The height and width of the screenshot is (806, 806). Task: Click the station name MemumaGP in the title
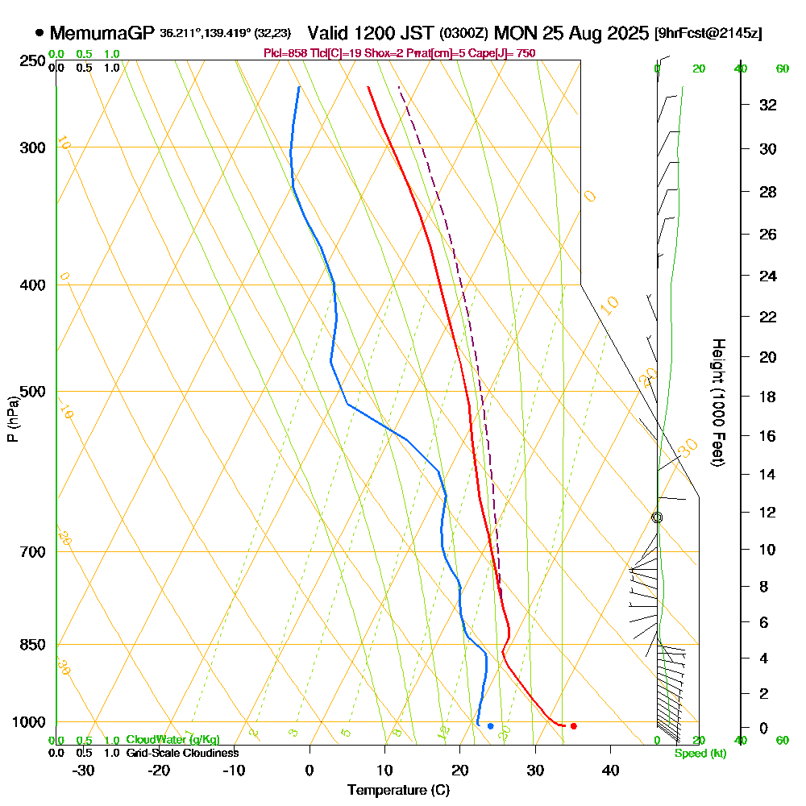click(x=102, y=33)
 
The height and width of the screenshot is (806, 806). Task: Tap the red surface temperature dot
click(x=573, y=726)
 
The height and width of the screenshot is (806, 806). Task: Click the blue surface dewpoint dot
click(x=490, y=726)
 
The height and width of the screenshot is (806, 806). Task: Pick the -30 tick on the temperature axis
click(x=84, y=770)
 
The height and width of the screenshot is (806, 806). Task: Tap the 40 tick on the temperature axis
click(x=610, y=770)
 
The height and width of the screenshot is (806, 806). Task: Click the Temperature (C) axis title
click(x=398, y=791)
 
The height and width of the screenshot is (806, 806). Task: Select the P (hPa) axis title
click(x=12, y=418)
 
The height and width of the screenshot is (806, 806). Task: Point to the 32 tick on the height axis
click(x=767, y=105)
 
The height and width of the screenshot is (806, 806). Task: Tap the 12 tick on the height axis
click(x=767, y=512)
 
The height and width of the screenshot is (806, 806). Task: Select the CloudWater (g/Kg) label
click(x=172, y=740)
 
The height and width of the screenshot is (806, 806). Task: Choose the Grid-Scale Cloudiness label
click(x=181, y=753)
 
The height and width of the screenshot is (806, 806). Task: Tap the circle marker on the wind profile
click(x=657, y=517)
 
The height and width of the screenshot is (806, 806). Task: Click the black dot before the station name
click(x=39, y=33)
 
